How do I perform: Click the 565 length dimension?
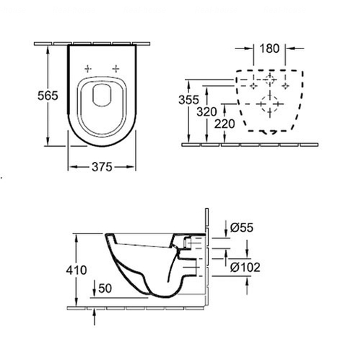pyautogui.click(x=48, y=95)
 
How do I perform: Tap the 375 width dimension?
pyautogui.click(x=102, y=167)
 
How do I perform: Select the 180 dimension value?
pyautogui.click(x=269, y=48)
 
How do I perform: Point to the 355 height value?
pyautogui.click(x=188, y=100)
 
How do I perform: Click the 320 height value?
pyautogui.click(x=206, y=112)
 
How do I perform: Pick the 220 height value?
pyautogui.click(x=225, y=124)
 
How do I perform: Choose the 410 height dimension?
pyautogui.click(x=77, y=270)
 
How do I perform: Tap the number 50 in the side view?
pyautogui.click(x=105, y=288)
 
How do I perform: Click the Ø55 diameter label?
pyautogui.click(x=242, y=228)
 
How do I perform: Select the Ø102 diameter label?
pyautogui.click(x=245, y=267)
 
